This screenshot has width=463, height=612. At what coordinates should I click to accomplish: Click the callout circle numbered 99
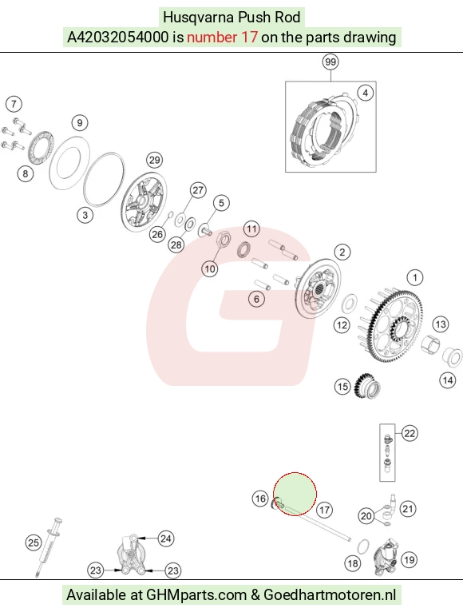click(330, 62)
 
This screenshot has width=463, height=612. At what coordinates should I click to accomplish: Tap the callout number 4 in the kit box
click(365, 93)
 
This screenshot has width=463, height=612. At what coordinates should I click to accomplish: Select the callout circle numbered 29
click(154, 160)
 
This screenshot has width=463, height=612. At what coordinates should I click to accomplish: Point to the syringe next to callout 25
click(49, 546)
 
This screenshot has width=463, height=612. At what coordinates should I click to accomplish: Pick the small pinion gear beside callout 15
click(366, 386)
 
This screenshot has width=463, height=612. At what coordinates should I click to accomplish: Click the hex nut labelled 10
click(224, 239)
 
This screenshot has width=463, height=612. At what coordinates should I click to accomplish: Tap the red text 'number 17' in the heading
click(222, 37)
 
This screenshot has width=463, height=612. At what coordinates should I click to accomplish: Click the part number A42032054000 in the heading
click(118, 37)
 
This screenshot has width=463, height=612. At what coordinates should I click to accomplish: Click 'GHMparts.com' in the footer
click(196, 595)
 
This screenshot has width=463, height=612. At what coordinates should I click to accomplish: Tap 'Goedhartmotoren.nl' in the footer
click(330, 595)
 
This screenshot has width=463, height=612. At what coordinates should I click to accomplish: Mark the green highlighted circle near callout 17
click(295, 494)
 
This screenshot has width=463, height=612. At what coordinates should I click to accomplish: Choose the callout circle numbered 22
click(410, 434)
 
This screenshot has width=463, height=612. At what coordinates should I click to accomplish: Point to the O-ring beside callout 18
click(363, 546)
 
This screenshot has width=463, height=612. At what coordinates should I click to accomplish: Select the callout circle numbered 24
click(166, 538)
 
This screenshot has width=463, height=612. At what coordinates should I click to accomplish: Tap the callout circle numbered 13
click(441, 324)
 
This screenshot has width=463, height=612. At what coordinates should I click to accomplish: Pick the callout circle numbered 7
click(14, 104)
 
